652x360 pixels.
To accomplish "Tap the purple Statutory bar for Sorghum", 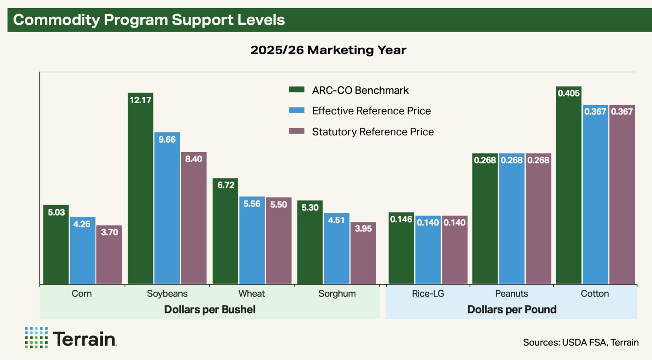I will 363,254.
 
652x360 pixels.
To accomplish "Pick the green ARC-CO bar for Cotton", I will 569,186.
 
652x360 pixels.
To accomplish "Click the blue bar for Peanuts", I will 512,219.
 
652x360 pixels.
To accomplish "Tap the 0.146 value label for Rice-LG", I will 401,220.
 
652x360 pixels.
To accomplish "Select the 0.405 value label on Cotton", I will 569,94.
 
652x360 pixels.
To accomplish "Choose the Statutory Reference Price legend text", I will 373,132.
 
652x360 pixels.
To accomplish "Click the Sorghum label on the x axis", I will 337,293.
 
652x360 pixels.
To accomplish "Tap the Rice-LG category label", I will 428,293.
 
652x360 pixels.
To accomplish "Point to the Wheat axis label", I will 252,293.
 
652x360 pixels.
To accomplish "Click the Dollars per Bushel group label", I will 210,310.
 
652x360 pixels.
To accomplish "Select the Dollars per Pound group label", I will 512,310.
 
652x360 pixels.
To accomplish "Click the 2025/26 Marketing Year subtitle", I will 328,50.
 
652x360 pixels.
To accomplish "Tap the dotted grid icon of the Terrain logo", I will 36,338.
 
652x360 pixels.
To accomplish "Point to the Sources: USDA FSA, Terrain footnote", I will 580,342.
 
